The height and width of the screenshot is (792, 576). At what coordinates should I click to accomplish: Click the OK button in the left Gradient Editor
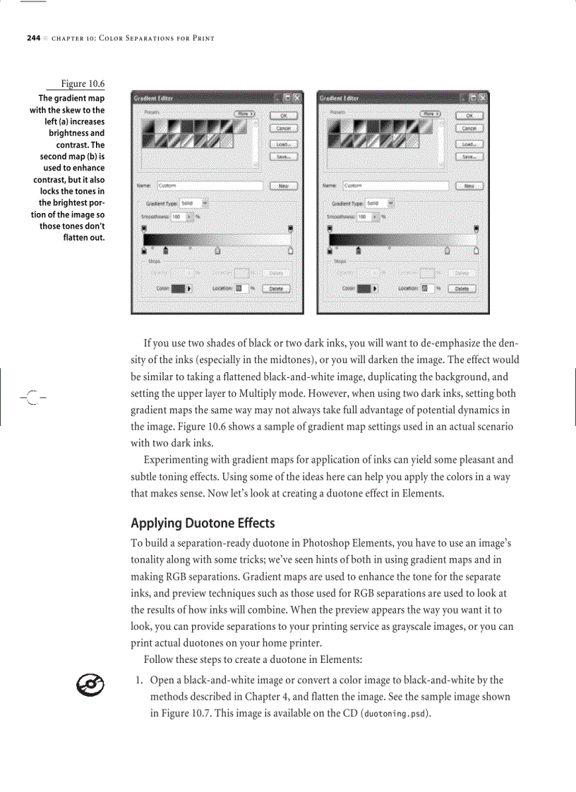pyautogui.click(x=284, y=116)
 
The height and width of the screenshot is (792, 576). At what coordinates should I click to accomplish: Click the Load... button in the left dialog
pyautogui.click(x=284, y=144)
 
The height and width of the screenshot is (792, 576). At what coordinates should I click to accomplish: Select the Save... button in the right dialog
pyautogui.click(x=469, y=157)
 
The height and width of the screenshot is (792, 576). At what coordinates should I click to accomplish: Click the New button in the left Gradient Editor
pyautogui.click(x=284, y=186)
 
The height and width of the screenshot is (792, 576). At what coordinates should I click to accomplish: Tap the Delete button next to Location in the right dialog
pyautogui.click(x=462, y=288)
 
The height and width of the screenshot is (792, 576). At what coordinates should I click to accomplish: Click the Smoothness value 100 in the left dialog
pyautogui.click(x=176, y=217)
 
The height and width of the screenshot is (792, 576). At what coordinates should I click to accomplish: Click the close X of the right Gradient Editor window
pyautogui.click(x=483, y=98)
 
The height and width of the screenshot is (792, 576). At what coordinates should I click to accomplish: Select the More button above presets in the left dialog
pyautogui.click(x=244, y=113)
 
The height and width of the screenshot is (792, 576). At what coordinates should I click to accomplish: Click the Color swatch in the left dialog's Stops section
pyautogui.click(x=178, y=288)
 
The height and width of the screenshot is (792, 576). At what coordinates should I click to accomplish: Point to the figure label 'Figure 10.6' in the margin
pyautogui.click(x=83, y=85)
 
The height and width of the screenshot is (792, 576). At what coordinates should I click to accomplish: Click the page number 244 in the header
pyautogui.click(x=33, y=37)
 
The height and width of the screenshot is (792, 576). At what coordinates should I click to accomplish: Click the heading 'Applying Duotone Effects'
pyautogui.click(x=203, y=523)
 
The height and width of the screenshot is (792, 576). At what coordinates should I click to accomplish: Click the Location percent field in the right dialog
pyautogui.click(x=426, y=288)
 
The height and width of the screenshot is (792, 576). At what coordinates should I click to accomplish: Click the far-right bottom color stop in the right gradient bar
pyautogui.click(x=476, y=250)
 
